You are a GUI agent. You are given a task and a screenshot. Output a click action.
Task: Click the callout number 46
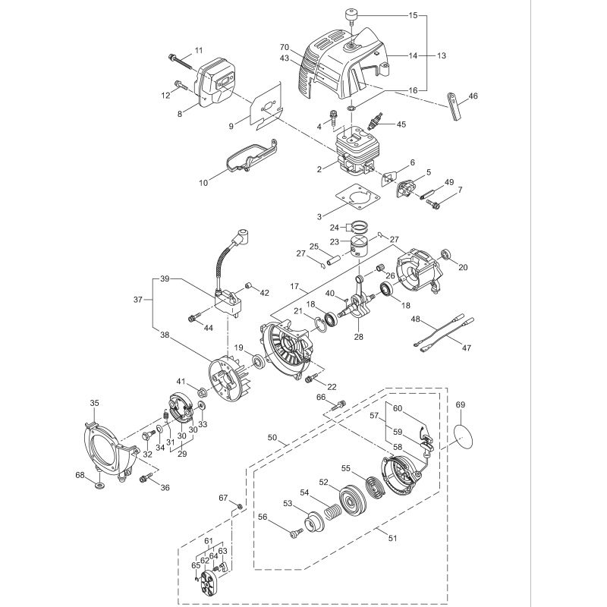click(473, 96)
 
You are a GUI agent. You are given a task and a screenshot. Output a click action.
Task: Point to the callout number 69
click(461, 406)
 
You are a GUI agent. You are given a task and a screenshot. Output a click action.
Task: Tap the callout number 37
click(138, 300)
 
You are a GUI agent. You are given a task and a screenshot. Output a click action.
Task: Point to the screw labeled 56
click(293, 533)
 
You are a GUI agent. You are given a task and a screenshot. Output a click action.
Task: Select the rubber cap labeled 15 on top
click(351, 14)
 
